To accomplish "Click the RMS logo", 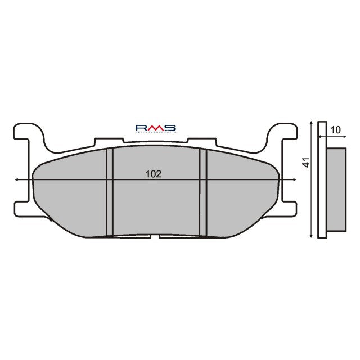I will pos(156,129).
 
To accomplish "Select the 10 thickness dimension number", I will pos(336,130).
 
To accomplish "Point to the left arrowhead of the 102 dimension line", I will pos(18,179).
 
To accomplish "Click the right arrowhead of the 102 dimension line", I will pos(295,179).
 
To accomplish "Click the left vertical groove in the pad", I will pos(110,191).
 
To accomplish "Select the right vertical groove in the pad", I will pos(204,191).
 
